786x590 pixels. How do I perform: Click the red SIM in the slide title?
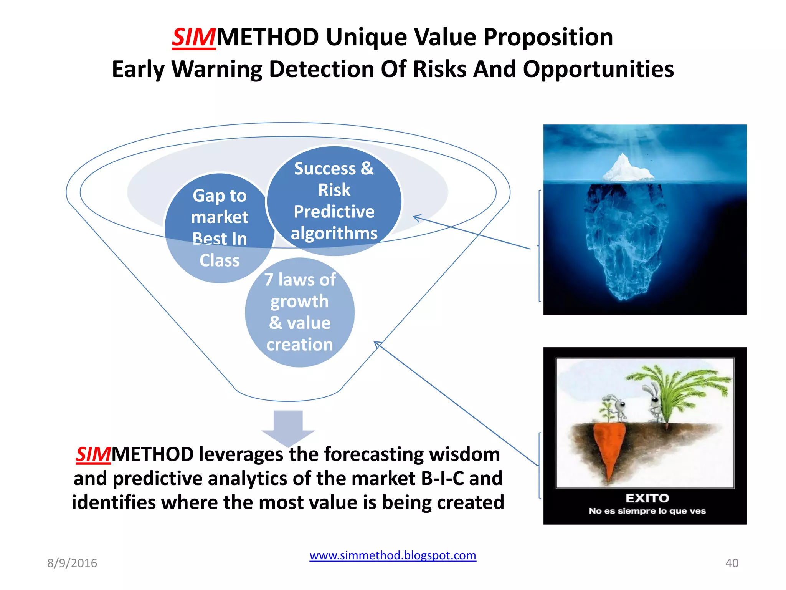(x=193, y=38)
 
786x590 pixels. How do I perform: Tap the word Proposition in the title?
(x=548, y=38)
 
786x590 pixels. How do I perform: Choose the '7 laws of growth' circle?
(x=300, y=312)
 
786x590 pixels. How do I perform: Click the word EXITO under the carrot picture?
(x=647, y=498)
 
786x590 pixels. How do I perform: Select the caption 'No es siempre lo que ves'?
(x=647, y=511)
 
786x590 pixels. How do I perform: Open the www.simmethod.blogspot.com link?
(x=393, y=555)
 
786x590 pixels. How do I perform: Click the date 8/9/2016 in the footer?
(x=72, y=563)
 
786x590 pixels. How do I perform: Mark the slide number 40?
(x=732, y=563)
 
